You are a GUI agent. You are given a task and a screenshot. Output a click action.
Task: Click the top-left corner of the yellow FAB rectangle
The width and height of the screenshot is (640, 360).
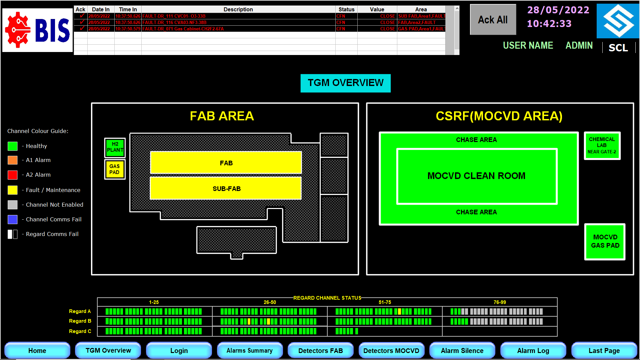151,152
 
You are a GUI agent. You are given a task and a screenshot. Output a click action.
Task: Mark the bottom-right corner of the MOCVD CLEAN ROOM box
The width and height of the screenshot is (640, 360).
557,204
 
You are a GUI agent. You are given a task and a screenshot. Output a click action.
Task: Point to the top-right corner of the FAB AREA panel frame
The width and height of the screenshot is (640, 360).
358,103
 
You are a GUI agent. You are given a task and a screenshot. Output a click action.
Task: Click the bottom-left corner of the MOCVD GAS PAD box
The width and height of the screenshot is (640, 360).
585,259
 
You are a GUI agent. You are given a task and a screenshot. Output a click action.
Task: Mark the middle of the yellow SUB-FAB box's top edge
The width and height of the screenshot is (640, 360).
226,177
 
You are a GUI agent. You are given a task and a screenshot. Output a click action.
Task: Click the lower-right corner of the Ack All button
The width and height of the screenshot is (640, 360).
516,34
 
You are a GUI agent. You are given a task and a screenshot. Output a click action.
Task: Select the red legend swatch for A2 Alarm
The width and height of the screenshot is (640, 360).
13,175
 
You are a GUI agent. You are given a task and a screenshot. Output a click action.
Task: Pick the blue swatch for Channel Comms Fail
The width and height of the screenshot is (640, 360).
13,219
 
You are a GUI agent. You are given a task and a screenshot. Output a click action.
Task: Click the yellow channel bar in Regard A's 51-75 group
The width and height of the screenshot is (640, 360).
399,312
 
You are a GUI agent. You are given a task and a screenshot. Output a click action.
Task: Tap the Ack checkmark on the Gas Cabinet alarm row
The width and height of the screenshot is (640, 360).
82,29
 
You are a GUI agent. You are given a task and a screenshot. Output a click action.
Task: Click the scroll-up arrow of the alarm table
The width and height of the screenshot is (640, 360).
457,9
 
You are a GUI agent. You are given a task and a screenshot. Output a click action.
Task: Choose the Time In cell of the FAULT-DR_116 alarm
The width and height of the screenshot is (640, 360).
128,22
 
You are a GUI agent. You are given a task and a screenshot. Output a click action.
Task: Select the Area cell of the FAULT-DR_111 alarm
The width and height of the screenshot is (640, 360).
421,16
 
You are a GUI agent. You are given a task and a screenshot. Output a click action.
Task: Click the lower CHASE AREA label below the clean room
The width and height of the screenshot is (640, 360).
476,212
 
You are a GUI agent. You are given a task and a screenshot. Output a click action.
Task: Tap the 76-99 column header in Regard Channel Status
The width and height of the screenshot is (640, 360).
500,302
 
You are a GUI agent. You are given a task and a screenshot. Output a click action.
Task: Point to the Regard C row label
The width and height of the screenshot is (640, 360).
80,331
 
